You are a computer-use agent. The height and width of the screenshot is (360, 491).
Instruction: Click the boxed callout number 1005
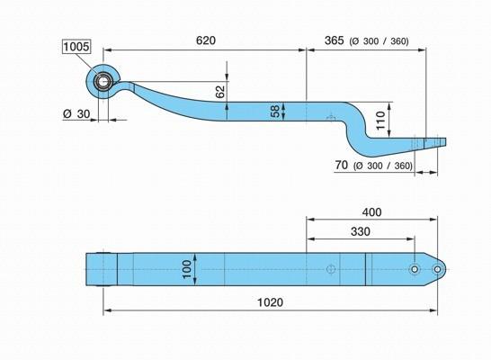[x=76, y=47]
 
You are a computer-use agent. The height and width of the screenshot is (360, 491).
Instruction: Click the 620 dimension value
[x=206, y=40]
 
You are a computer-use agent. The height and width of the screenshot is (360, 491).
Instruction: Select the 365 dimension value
[x=335, y=40]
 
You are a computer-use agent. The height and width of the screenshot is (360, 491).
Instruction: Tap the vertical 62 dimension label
[x=220, y=92]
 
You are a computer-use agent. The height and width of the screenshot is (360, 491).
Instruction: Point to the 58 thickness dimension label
[x=274, y=112]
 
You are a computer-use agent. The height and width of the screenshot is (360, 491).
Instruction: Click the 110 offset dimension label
[x=380, y=120]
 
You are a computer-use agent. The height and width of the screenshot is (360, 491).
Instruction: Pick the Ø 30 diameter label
[x=76, y=113]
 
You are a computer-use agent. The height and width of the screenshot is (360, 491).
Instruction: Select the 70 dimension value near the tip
[x=342, y=165]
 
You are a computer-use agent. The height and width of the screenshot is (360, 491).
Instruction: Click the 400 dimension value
[x=371, y=212]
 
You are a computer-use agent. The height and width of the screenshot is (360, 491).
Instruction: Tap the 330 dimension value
[x=361, y=231]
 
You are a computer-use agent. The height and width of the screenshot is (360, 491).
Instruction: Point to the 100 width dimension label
[x=186, y=269]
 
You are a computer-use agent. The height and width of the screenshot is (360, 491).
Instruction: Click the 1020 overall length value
[x=270, y=302]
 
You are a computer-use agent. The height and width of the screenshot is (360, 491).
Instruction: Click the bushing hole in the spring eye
[x=103, y=82]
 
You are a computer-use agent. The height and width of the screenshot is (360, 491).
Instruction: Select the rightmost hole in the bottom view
[x=437, y=269]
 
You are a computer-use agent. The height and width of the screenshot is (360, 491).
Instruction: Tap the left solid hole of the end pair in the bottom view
[x=415, y=269]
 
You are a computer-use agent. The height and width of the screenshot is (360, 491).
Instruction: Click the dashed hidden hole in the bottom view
[x=331, y=269]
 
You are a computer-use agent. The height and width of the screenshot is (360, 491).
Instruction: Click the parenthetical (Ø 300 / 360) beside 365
[x=379, y=41]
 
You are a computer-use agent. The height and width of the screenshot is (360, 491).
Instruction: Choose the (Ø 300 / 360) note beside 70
[x=383, y=166]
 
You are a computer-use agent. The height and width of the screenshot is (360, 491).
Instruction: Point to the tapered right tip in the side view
[x=435, y=142]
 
